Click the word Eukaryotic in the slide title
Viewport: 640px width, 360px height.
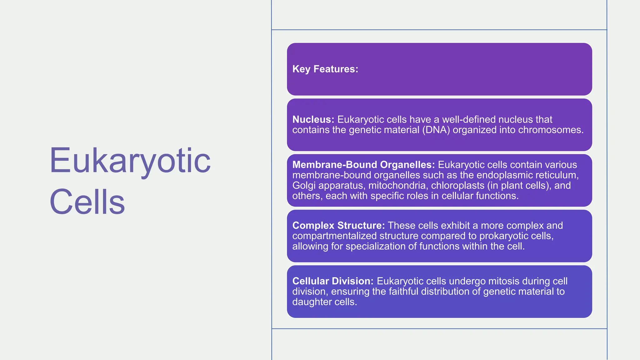coord(130,161)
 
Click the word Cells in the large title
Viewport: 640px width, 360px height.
coord(87,202)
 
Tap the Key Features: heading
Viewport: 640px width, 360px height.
coord(325,69)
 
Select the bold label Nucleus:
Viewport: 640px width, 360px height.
coord(313,119)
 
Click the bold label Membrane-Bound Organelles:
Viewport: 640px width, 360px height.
coord(363,165)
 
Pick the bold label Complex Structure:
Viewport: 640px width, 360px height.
coord(338,225)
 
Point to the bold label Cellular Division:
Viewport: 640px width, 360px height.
coord(333,281)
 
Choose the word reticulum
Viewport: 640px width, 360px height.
coord(558,175)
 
